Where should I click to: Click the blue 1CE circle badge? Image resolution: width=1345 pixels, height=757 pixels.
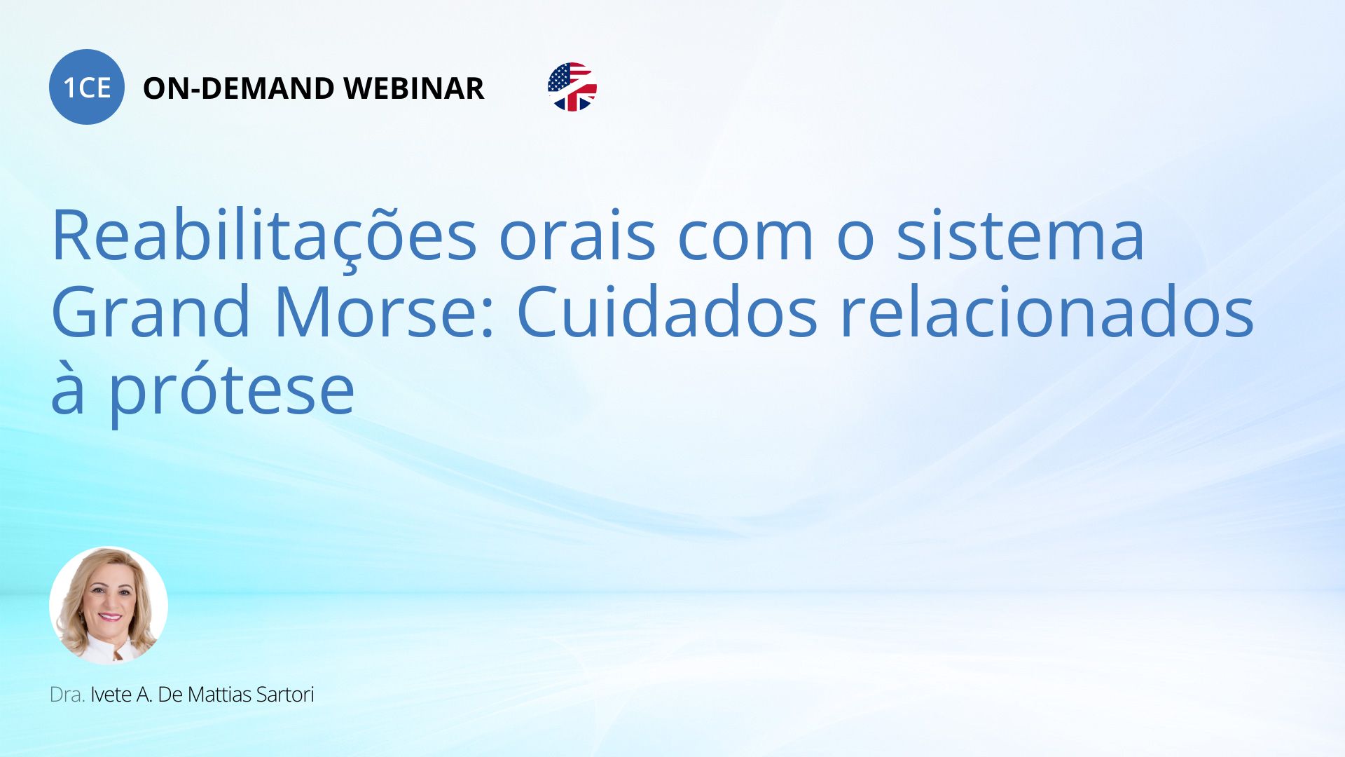(x=87, y=87)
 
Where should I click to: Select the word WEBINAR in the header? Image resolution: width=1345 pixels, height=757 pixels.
(x=414, y=88)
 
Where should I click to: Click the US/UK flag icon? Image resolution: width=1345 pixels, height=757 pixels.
(x=572, y=87)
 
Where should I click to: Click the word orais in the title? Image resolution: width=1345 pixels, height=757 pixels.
(x=577, y=235)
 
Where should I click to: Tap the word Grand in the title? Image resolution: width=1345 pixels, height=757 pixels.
(x=151, y=310)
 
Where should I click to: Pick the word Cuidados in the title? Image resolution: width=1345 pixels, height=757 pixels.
(x=667, y=310)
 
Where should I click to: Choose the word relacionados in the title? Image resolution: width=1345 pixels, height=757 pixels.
(x=1047, y=310)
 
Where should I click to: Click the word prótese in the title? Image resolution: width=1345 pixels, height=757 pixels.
(x=231, y=388)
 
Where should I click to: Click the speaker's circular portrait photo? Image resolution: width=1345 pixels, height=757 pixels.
(x=109, y=606)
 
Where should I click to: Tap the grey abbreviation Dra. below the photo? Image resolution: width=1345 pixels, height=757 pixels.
(x=67, y=695)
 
